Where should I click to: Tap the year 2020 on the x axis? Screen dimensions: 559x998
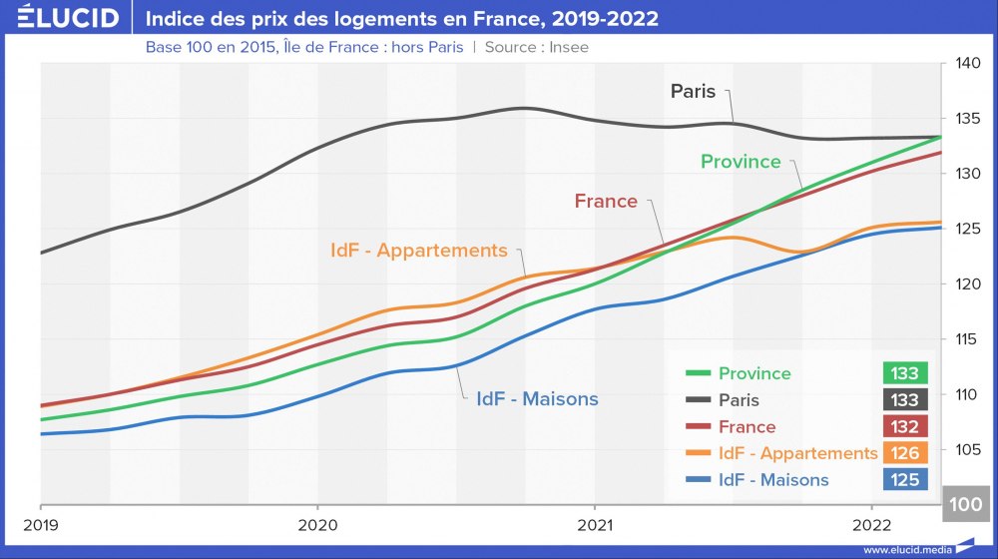317,524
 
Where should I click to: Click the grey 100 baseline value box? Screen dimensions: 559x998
966,504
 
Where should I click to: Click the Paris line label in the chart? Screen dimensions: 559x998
693,91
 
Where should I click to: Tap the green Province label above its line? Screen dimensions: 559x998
741,161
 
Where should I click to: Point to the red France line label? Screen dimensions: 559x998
606,201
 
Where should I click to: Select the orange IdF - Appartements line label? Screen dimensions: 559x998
419,251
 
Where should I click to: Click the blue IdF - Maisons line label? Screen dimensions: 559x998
537,398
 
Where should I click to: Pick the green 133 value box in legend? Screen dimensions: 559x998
905,373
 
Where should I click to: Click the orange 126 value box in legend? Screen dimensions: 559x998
905,453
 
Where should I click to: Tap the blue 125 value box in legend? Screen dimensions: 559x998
905,480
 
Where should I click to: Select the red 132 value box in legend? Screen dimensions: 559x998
905,426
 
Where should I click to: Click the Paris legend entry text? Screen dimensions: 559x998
739,400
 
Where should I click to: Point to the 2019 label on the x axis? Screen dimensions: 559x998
40,524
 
